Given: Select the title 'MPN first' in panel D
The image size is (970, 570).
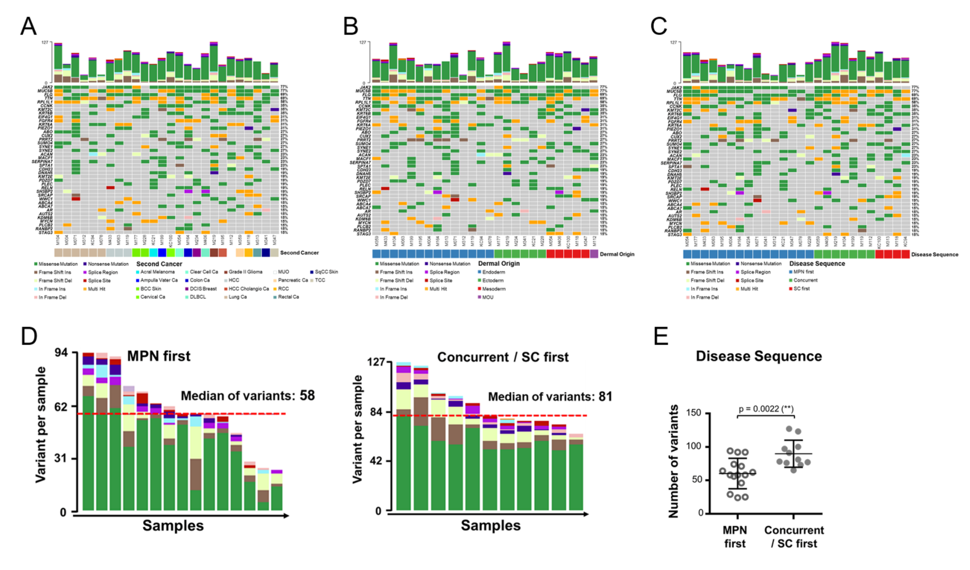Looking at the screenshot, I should point(159,356).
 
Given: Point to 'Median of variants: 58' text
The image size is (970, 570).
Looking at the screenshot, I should point(248,396).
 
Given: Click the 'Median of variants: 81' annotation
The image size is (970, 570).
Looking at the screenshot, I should point(550,396).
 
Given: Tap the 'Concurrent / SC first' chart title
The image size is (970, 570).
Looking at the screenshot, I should point(503,357).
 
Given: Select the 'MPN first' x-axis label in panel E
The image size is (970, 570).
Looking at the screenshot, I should point(735,537).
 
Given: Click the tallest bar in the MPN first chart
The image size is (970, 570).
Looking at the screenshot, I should point(89,432).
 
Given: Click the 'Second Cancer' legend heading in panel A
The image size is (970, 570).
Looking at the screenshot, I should point(159,264).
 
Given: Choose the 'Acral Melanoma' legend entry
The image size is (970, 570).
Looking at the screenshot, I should point(157,272).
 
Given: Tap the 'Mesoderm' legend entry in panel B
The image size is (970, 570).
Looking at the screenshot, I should point(494,289).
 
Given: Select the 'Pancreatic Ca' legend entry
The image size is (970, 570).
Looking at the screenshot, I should point(293,280).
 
